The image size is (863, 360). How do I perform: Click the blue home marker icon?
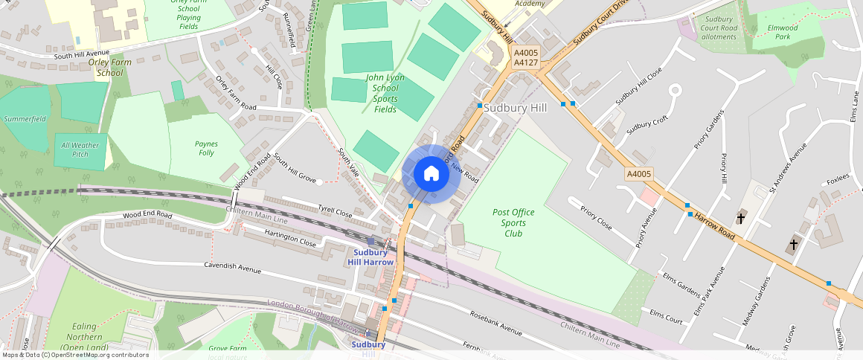point(431,174)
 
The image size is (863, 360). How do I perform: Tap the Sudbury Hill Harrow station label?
point(370,257)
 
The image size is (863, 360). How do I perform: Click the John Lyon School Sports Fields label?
point(385,93)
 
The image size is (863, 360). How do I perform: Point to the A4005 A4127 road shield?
point(525,57)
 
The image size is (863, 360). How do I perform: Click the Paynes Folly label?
point(206,148)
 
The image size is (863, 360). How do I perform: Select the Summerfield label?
point(25,118)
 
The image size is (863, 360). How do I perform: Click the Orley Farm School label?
point(109,67)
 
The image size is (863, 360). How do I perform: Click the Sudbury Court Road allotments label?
point(719,28)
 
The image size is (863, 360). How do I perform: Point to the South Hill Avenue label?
point(81,55)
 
